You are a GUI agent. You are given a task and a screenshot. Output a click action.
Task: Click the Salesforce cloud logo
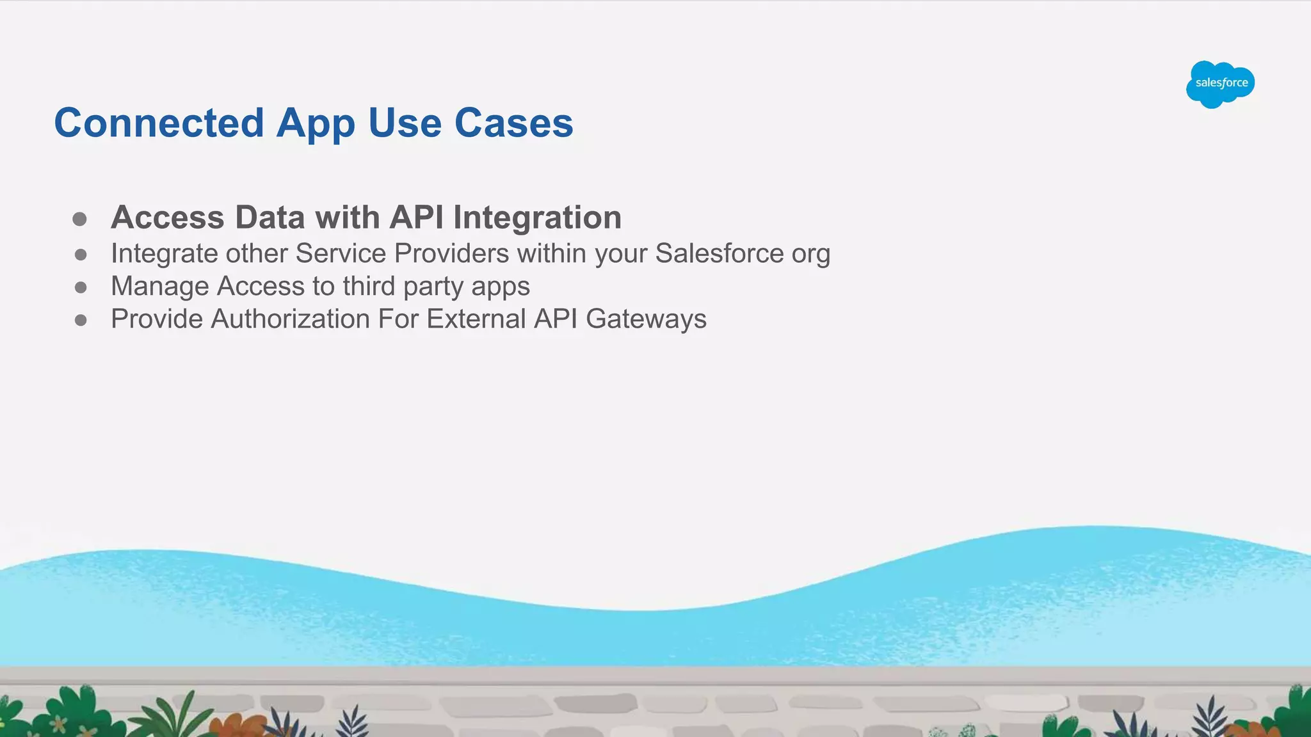[1220, 84]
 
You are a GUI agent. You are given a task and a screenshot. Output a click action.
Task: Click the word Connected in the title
[159, 123]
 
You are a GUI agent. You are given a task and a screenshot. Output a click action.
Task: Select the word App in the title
[316, 124]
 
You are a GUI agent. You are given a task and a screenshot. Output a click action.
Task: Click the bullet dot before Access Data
[80, 219]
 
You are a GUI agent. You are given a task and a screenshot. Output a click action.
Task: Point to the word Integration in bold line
[537, 218]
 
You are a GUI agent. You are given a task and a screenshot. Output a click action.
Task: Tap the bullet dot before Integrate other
[81, 255]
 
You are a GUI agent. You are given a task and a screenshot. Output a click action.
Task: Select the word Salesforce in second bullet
[720, 253]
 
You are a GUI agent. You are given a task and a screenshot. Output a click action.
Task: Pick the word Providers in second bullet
[452, 253]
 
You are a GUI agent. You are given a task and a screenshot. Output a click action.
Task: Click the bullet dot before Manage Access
[81, 288]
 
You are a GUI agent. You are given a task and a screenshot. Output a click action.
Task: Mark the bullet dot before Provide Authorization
[81, 320]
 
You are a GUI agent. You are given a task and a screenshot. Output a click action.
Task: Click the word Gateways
[646, 319]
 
